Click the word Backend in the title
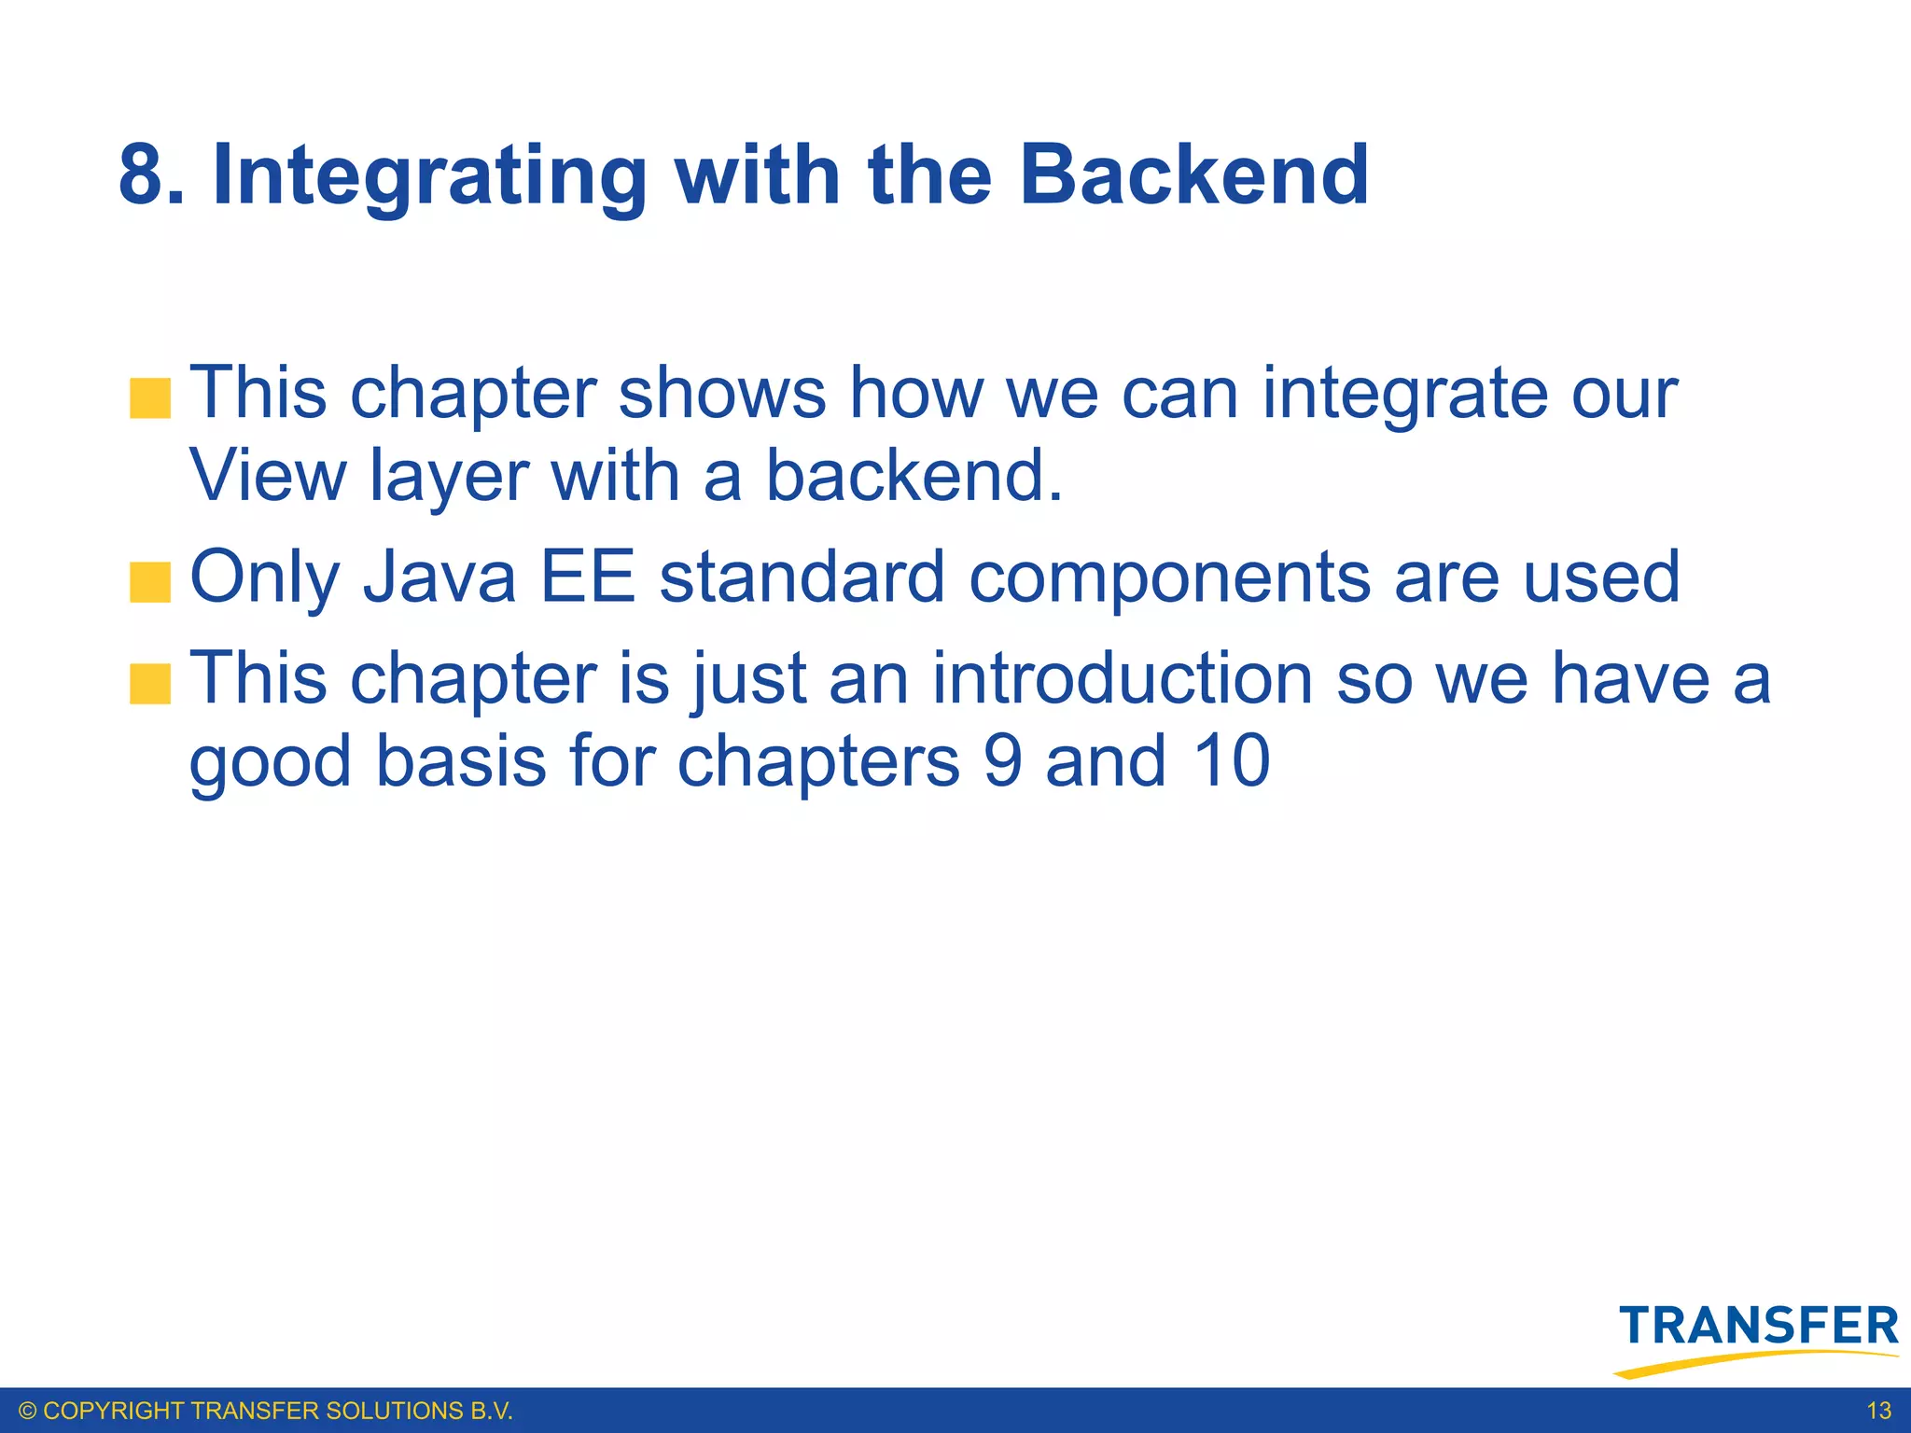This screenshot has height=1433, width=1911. pos(1194,175)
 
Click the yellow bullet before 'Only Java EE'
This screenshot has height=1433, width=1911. pos(150,583)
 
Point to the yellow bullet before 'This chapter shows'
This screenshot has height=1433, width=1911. pos(150,398)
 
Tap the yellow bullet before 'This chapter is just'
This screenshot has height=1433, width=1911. pos(150,684)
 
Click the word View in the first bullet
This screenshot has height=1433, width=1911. pos(268,476)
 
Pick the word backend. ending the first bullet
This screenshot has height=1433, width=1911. pos(914,476)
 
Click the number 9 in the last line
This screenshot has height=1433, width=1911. pos(1003,760)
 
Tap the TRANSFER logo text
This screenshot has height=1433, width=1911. pos(1759,1327)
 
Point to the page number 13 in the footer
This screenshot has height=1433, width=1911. pos(1878,1411)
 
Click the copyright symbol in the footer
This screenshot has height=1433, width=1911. pos(28,1411)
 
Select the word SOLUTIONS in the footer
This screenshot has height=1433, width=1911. pos(388,1411)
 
